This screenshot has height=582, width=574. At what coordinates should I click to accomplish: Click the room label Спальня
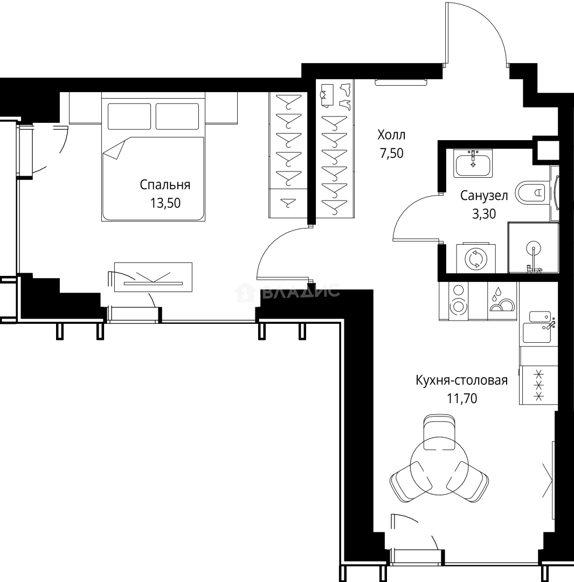pyautogui.click(x=165, y=185)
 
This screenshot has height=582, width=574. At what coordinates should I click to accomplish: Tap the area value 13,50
pyautogui.click(x=165, y=203)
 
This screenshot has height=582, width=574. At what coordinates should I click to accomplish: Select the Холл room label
pyautogui.click(x=391, y=135)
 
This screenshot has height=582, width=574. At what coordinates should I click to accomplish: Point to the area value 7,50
pyautogui.click(x=391, y=153)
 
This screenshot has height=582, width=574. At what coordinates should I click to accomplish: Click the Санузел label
pyautogui.click(x=483, y=195)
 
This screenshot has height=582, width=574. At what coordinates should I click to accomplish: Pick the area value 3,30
pyautogui.click(x=483, y=214)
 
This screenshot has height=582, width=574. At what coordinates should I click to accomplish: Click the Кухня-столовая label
pyautogui.click(x=461, y=380)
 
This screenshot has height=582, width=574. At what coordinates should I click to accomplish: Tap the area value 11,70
pyautogui.click(x=461, y=399)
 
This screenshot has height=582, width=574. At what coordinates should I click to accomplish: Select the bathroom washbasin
pyautogui.click(x=473, y=163)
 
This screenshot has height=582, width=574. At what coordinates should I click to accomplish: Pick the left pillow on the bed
pyautogui.click(x=129, y=116)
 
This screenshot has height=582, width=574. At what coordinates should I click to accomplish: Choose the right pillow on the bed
pyautogui.click(x=177, y=116)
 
